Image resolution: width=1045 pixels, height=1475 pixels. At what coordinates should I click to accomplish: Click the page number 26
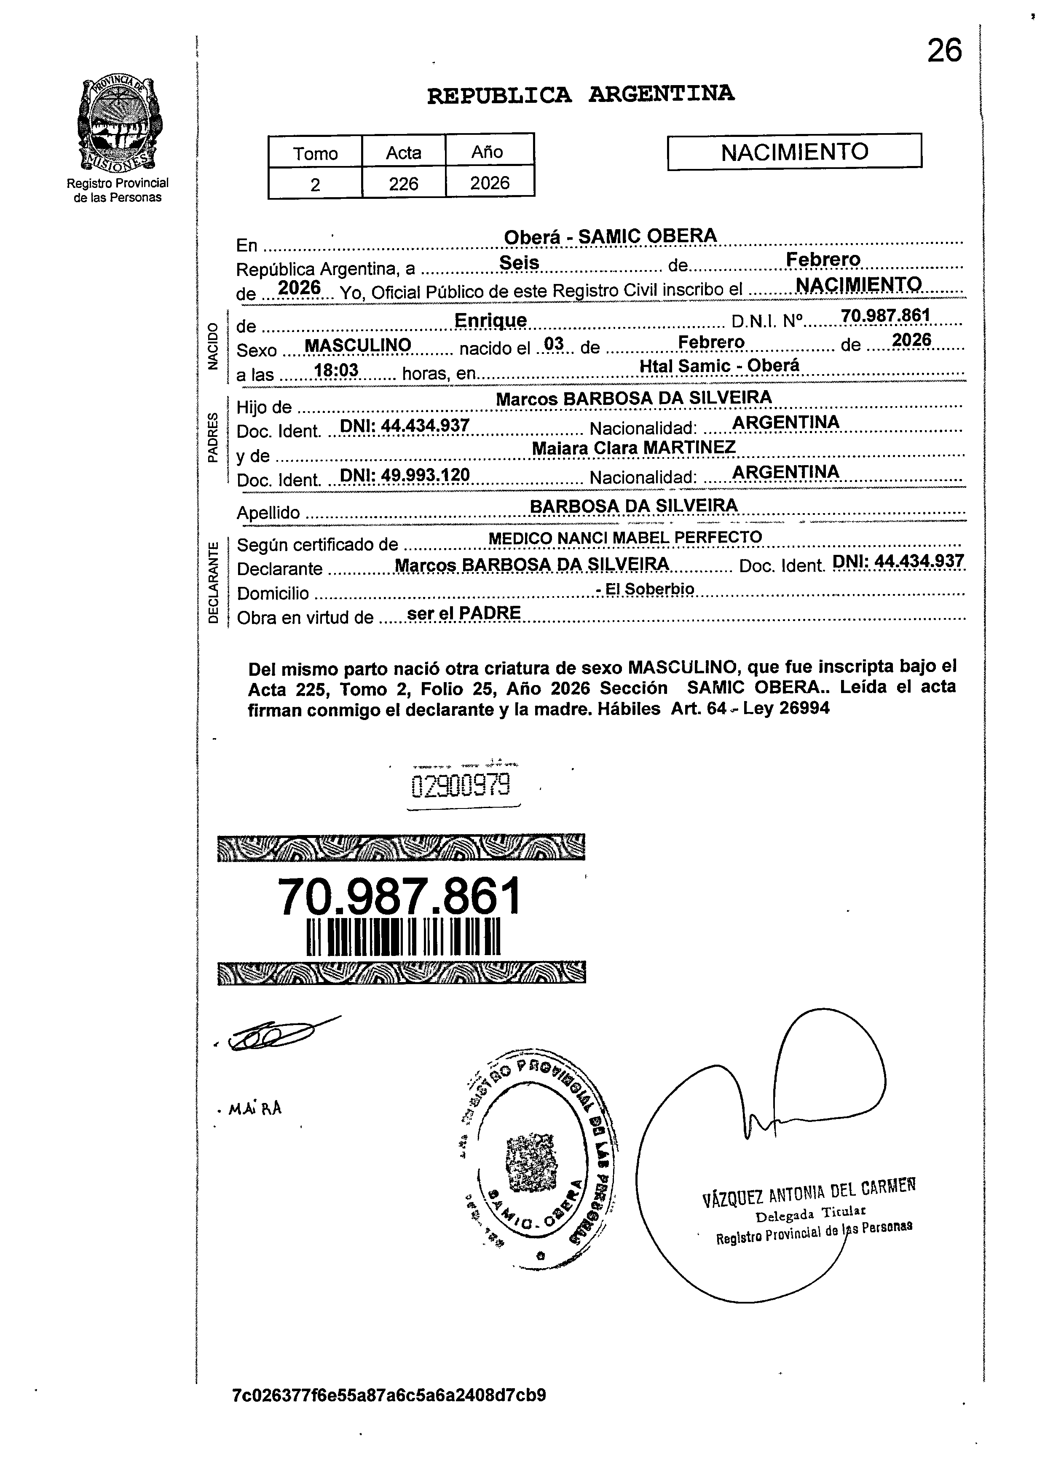[x=944, y=50]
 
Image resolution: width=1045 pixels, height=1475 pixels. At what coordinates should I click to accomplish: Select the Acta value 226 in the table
[x=403, y=184]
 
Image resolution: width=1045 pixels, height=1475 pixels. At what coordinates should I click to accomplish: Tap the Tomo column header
[x=315, y=153]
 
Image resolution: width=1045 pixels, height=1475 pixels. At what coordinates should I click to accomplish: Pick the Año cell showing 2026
[x=490, y=183]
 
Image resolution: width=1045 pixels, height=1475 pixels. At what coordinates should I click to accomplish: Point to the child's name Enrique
[x=490, y=320]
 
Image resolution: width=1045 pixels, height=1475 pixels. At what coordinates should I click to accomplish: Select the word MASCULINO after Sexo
[x=357, y=345]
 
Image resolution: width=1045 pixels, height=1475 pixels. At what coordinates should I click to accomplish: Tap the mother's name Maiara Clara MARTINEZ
[x=633, y=448]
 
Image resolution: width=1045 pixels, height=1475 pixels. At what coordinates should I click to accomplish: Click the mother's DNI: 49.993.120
[x=404, y=475]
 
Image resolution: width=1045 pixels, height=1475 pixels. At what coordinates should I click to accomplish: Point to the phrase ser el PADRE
[x=464, y=613]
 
